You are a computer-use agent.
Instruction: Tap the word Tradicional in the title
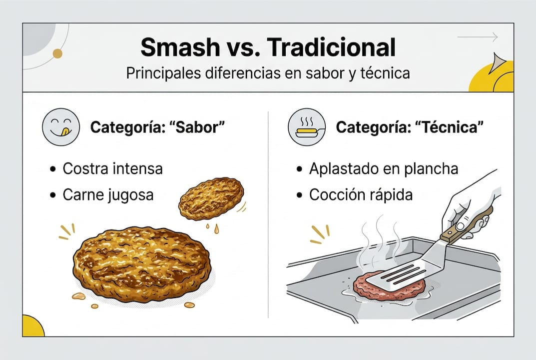332,48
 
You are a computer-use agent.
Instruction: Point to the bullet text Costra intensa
112,168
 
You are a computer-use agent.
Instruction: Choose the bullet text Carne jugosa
108,194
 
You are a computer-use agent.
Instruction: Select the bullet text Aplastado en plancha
383,168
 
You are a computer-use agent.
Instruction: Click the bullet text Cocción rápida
361,194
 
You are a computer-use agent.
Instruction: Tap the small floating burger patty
211,198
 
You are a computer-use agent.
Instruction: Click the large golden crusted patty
142,263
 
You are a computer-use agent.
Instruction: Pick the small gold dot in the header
57,53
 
